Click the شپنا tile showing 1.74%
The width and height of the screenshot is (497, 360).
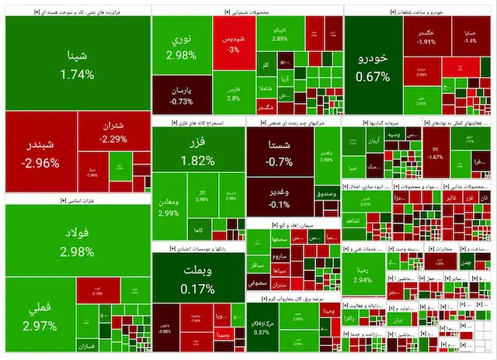point(78,65)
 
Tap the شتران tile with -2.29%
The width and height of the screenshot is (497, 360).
point(113,132)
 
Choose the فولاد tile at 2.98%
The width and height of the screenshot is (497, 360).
point(78,241)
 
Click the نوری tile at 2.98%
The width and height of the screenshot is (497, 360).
point(180,47)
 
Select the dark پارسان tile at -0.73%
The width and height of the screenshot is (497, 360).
point(180,95)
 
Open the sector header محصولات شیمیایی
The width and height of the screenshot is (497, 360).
point(246,12)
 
